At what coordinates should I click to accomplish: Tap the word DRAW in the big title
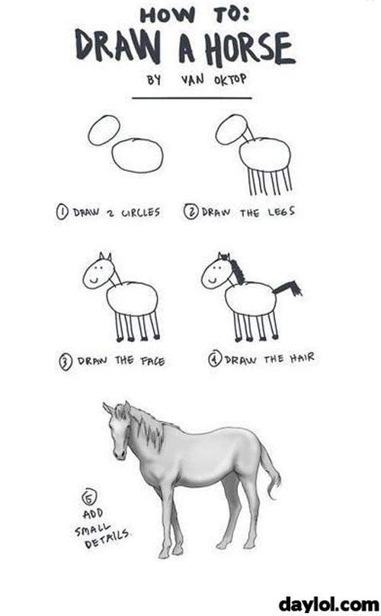[118, 46]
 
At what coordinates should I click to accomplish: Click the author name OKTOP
[230, 80]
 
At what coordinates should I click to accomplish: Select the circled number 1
[62, 212]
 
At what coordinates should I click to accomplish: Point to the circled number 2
[191, 212]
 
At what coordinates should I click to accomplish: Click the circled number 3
[66, 361]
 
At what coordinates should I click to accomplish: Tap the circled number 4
[215, 359]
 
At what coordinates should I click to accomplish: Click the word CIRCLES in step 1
[141, 213]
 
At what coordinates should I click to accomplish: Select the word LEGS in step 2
[281, 212]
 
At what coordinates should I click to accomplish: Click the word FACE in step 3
[152, 361]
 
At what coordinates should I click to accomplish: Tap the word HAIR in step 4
[303, 358]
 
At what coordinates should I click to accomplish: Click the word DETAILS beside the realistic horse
[107, 539]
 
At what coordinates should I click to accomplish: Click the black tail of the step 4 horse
[287, 289]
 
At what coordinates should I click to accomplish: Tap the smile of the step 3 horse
[94, 281]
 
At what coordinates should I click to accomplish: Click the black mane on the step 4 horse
[237, 271]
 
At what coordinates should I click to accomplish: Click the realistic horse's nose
[119, 454]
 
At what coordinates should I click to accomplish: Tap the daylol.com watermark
[328, 605]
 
